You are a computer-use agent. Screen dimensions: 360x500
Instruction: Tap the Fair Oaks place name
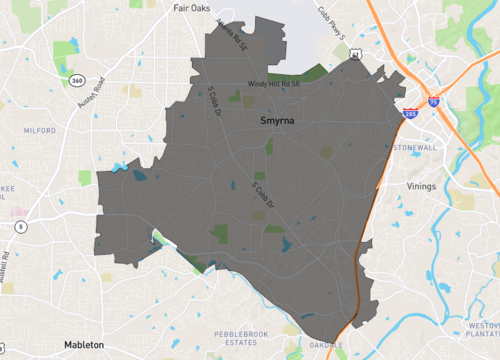point(194,8)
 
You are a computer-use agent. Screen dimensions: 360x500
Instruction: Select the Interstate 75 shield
point(433,101)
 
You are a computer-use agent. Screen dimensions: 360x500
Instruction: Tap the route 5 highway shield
point(20,227)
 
